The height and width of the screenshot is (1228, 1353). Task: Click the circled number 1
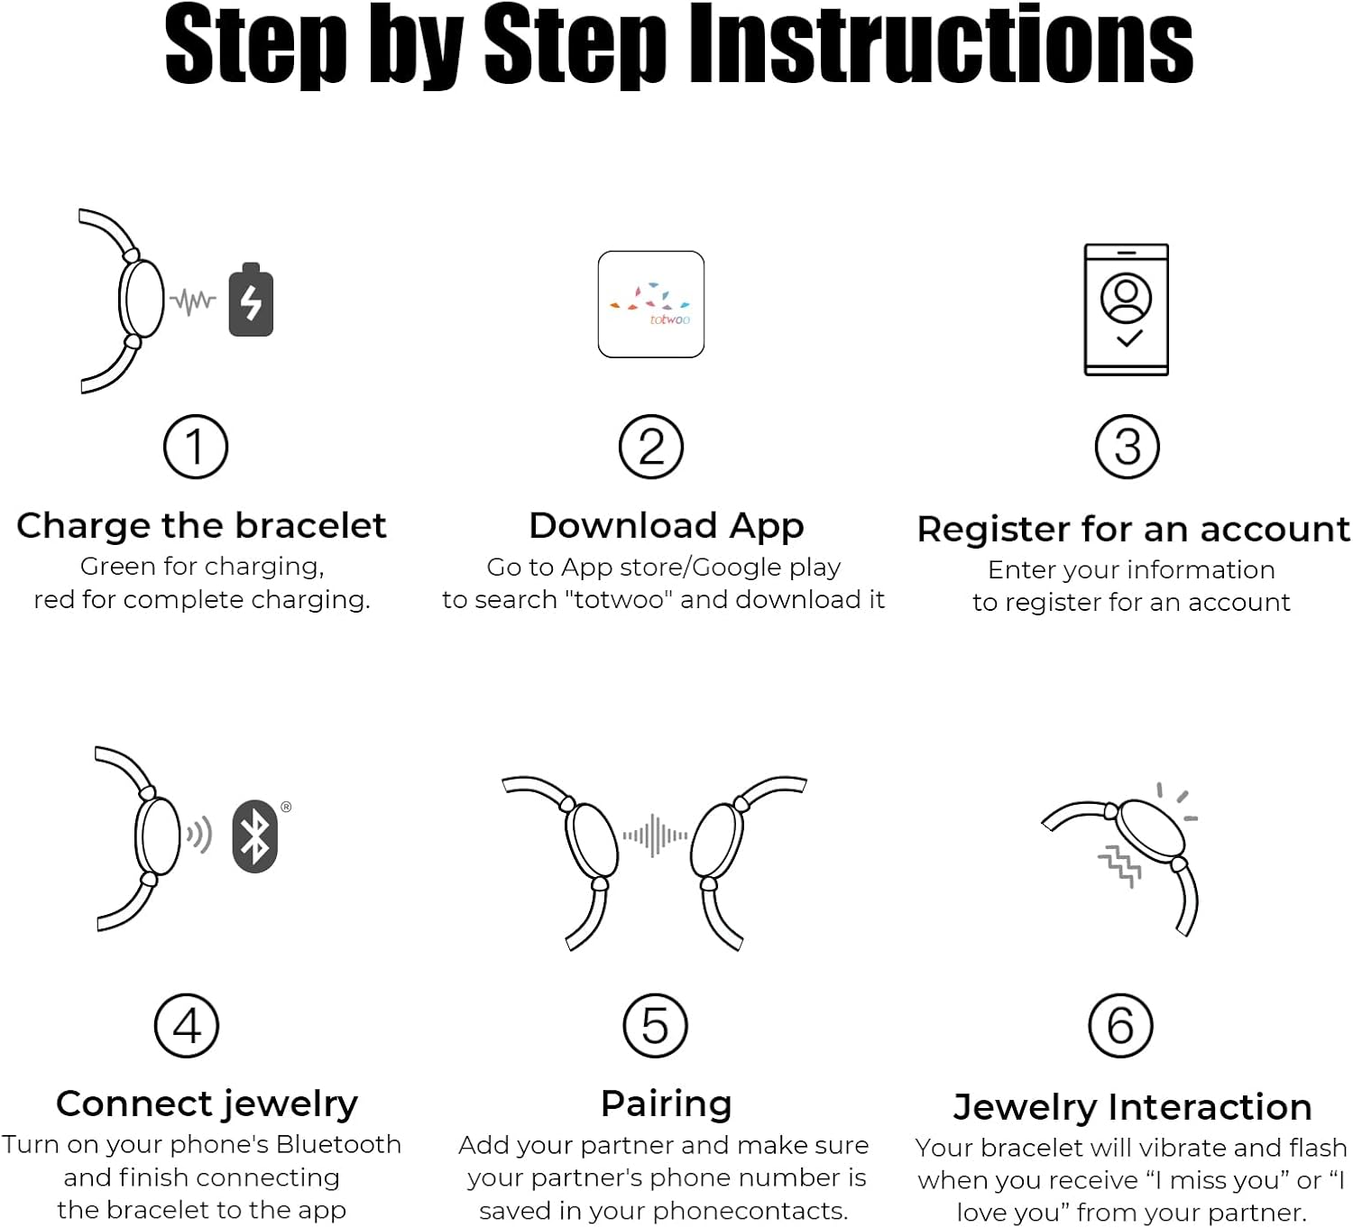[196, 447]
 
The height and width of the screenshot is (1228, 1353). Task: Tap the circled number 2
[651, 447]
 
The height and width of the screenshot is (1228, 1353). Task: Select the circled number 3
[1127, 447]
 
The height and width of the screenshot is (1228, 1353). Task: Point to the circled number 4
[187, 1026]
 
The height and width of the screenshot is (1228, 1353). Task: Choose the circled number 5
[655, 1026]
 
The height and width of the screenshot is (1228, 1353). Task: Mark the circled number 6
[1121, 1026]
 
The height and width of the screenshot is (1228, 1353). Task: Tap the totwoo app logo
[651, 304]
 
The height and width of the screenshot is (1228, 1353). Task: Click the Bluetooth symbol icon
[255, 836]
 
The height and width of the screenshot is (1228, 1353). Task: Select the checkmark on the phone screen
[1129, 338]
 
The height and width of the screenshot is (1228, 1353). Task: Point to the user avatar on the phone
[1126, 298]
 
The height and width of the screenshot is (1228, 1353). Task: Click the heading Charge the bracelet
[201, 526]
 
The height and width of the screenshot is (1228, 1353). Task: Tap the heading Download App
[667, 526]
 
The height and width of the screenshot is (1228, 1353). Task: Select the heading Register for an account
[1133, 529]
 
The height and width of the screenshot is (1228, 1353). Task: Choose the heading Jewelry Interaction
[1132, 1108]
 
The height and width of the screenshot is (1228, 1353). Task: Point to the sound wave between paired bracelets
[655, 836]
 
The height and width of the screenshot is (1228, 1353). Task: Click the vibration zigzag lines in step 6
[1120, 865]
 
